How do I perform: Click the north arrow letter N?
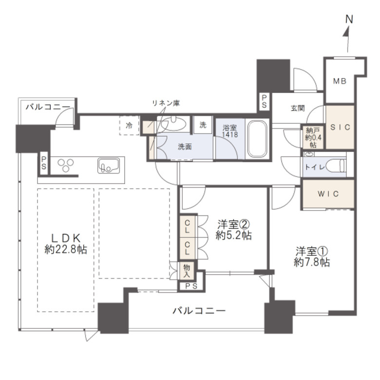tap(349, 19)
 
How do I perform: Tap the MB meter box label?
tap(340, 81)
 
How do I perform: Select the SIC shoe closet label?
tap(340, 127)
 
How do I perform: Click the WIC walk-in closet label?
tap(328, 194)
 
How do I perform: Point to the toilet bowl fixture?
tap(336, 166)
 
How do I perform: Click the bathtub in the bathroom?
tap(257, 139)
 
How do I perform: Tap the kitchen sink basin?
tap(109, 166)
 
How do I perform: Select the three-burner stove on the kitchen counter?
tap(66, 165)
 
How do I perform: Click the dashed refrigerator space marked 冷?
tap(129, 125)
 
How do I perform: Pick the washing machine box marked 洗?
tap(203, 125)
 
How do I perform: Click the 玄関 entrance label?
tap(298, 108)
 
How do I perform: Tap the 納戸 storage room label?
tap(313, 131)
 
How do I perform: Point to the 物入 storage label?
tap(187, 271)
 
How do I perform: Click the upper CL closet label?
tap(187, 226)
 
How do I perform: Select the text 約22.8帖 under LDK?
tap(66, 249)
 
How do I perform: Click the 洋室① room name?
tap(312, 251)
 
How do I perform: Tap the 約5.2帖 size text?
tap(234, 235)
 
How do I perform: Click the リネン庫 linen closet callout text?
tap(166, 103)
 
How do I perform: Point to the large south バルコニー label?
tap(199, 311)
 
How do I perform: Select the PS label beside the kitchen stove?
tap(44, 163)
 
